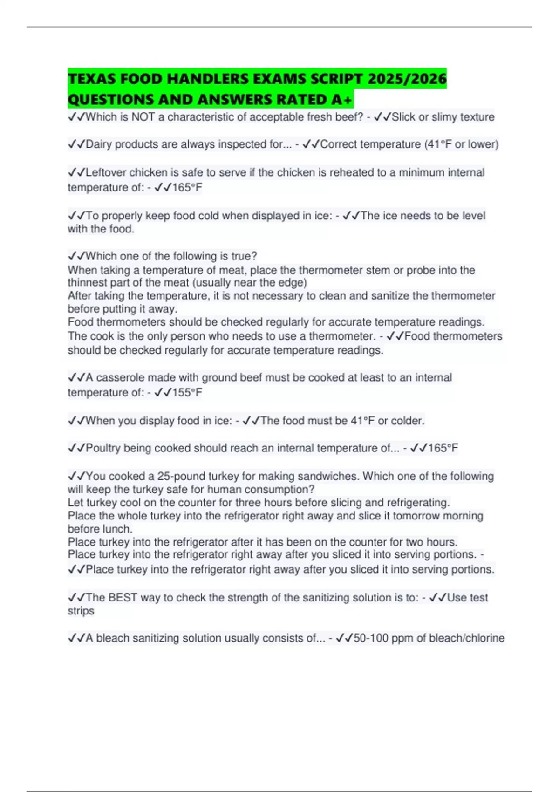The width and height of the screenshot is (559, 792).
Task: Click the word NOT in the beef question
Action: coord(143,117)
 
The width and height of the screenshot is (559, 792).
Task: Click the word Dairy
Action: coord(99,144)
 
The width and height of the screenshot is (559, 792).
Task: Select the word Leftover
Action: coord(106,172)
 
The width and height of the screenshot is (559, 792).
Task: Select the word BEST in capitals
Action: coord(123,597)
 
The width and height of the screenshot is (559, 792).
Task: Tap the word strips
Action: coord(81,611)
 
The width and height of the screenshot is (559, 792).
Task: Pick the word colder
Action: coord(409,421)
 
